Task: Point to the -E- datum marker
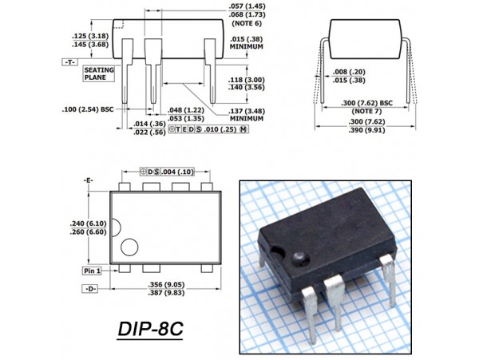[89, 180]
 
